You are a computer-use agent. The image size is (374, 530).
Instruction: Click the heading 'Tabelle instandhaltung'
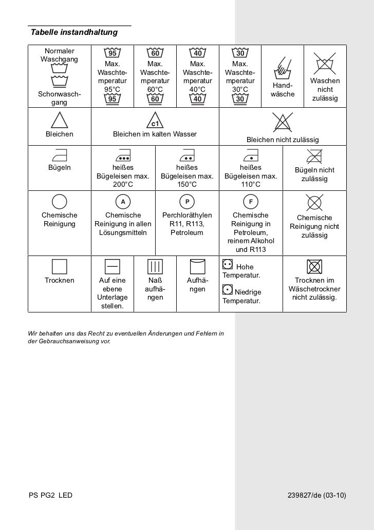pos(74,33)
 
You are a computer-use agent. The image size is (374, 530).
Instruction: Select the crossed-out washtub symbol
pos(325,63)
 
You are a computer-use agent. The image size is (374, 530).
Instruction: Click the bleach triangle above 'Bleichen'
pos(60,120)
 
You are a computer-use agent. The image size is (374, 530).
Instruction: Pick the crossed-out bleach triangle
pos(283,124)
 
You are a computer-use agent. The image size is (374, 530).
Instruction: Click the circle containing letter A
pos(123,202)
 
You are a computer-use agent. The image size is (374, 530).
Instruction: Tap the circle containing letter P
pos(187,202)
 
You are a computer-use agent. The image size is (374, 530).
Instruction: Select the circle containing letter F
pos(251,202)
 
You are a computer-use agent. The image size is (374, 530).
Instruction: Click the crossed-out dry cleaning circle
pos(314,202)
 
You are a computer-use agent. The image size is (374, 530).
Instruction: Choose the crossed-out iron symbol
pos(314,155)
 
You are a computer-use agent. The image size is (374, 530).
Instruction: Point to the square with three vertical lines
pos(155,267)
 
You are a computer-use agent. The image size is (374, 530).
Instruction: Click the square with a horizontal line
pos(112,267)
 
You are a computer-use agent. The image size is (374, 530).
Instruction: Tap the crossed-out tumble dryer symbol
pos(314,267)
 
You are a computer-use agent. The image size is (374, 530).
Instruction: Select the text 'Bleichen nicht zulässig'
pos(283,140)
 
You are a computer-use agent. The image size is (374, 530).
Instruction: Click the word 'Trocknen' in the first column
pos(60,281)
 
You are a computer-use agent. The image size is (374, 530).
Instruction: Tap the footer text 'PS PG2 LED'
pos(51,496)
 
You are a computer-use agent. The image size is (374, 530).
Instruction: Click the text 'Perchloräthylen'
pos(187,215)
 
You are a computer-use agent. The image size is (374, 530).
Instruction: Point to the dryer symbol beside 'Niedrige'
pos(227,290)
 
